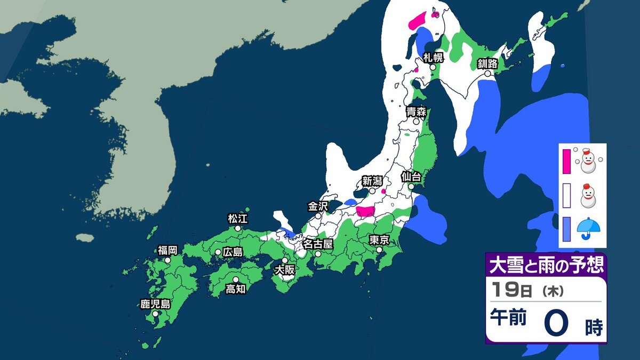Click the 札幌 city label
[x=433, y=58]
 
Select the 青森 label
[x=415, y=111]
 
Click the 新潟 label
[x=372, y=180]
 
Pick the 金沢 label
[x=318, y=206]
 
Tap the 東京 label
[x=379, y=239]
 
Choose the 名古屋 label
[x=318, y=244]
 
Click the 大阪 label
[x=284, y=270]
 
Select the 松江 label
[x=238, y=218]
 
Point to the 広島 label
[x=233, y=252]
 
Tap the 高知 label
[x=235, y=289]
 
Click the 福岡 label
[x=167, y=250]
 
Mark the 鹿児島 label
[x=155, y=305]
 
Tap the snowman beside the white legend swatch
[x=588, y=195]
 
